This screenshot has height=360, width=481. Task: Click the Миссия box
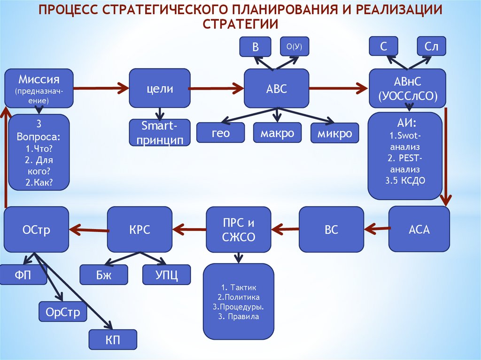[x=39, y=88]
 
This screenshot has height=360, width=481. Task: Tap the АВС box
[x=277, y=88]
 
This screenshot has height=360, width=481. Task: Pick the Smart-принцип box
[x=160, y=132]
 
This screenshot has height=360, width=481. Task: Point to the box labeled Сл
[x=431, y=46]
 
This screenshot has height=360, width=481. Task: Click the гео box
[x=220, y=133]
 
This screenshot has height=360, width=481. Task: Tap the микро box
[x=334, y=133]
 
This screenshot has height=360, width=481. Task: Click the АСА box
[x=419, y=229]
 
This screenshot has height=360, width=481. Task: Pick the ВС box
[x=331, y=229]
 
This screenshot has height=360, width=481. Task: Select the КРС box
[x=140, y=229]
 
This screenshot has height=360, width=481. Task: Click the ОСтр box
[x=36, y=229]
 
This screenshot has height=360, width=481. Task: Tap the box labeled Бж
[x=104, y=275]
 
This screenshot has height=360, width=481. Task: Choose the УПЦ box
[x=166, y=275]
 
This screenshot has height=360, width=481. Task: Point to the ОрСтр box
[x=63, y=312]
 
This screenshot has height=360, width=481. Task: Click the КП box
[x=113, y=339]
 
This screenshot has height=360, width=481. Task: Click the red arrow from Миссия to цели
[x=101, y=87]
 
